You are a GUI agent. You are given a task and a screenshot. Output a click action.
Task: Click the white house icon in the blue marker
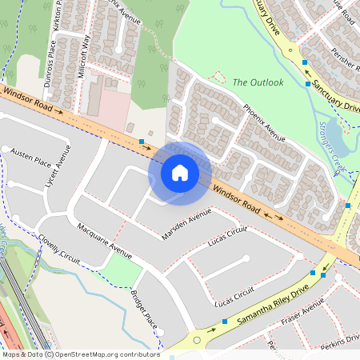180,172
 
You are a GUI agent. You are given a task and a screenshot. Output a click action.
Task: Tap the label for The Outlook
258,82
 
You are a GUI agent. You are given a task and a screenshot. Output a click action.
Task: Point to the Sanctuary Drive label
337,96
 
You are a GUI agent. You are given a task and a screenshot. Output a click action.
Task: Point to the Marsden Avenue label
186,224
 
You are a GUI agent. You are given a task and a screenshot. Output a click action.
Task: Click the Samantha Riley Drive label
272,307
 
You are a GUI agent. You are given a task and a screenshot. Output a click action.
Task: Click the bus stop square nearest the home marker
142,142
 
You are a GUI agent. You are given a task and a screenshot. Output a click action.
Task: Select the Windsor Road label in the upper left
27,99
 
